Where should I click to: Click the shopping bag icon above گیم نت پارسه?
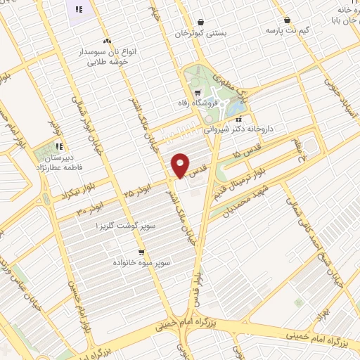point(288,20)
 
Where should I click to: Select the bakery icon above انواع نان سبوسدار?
point(107,41)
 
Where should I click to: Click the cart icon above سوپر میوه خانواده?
point(141,252)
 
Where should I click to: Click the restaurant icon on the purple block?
point(79,9)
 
